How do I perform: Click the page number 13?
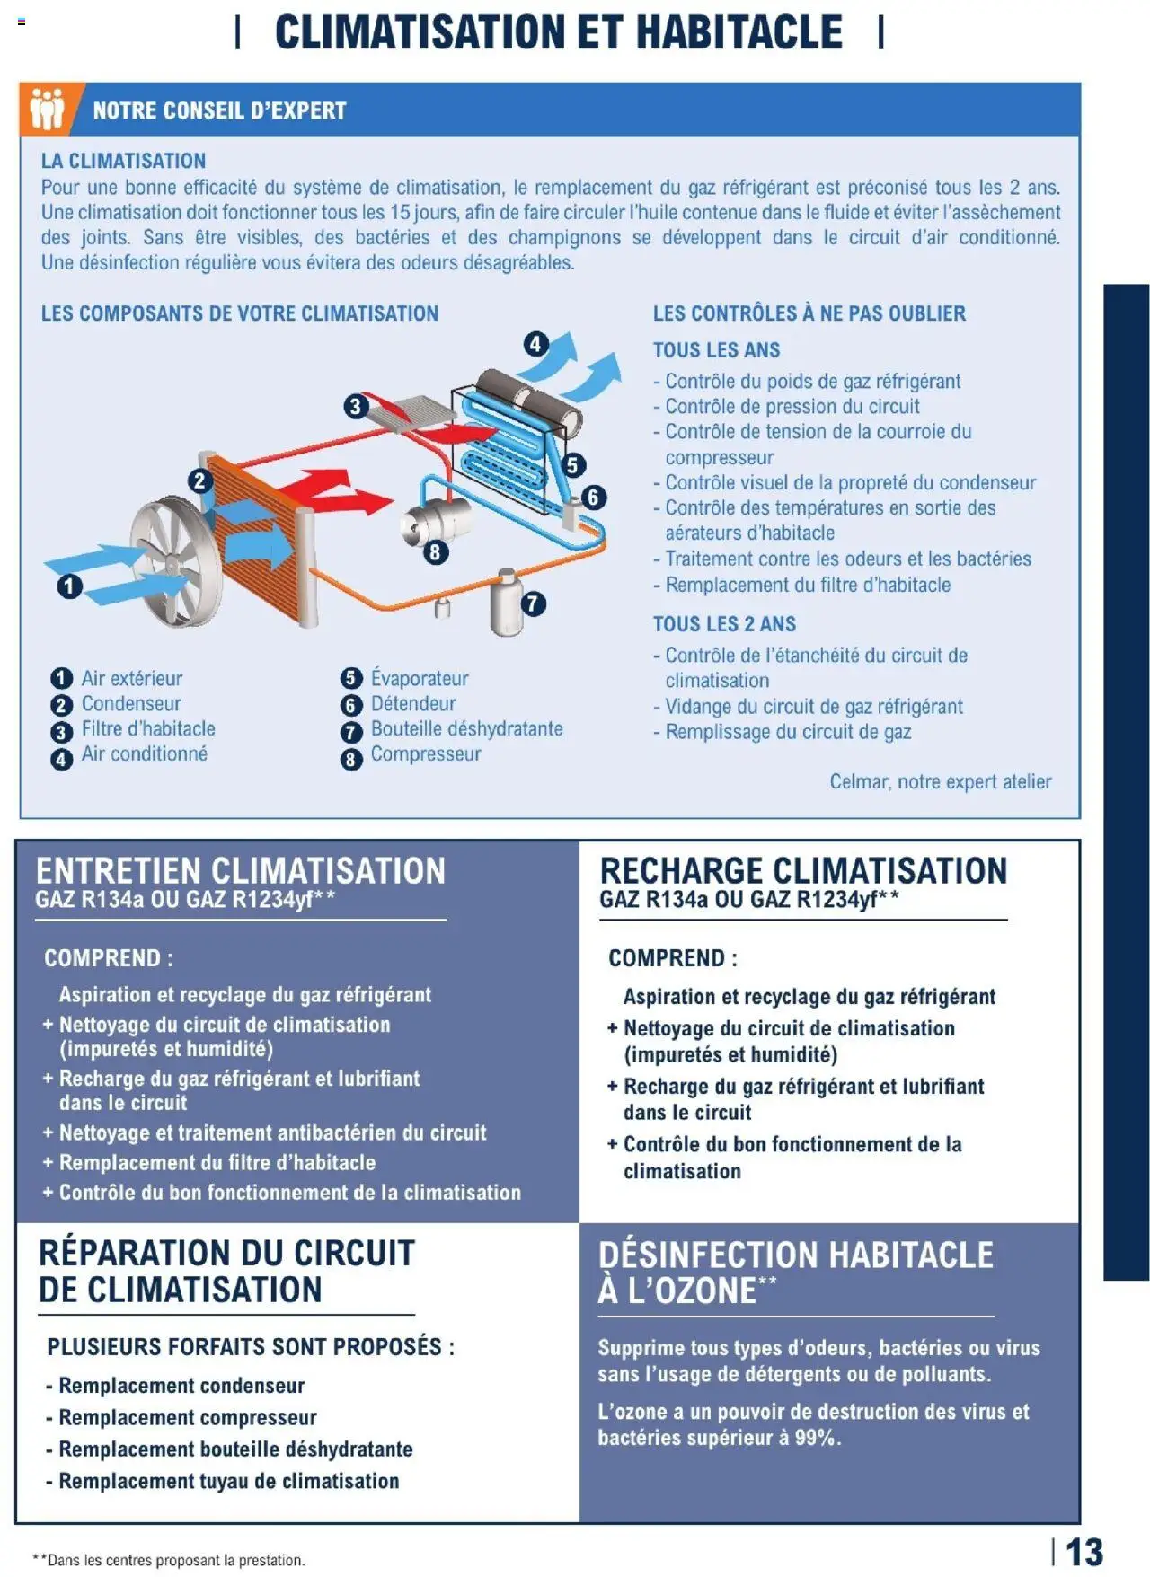1084,1551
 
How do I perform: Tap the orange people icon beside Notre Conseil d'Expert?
47,110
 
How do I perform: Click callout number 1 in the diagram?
69,586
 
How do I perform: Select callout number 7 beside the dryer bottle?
533,603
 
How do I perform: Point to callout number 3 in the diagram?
355,406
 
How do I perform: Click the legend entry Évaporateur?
419,678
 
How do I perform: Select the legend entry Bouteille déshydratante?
466,728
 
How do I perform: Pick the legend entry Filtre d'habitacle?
148,728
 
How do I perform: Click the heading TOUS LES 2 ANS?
724,623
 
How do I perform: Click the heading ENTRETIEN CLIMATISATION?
240,870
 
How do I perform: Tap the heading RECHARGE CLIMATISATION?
803,870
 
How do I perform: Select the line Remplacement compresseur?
187,1417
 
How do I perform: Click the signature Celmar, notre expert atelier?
940,781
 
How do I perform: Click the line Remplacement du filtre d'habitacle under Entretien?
217,1162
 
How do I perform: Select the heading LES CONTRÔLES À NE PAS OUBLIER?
809,313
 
